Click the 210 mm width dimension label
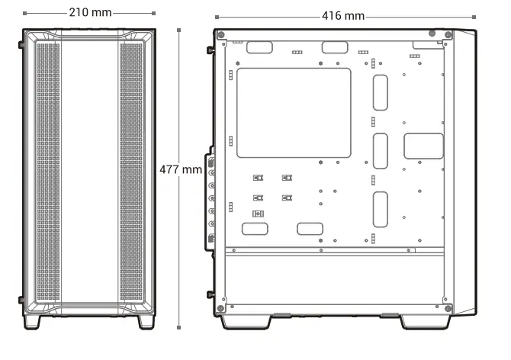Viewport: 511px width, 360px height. pos(88,13)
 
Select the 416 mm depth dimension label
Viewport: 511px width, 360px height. pos(342,16)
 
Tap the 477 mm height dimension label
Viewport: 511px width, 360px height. pos(180,169)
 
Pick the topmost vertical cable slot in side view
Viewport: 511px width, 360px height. pos(381,95)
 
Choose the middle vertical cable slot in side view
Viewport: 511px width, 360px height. pos(381,151)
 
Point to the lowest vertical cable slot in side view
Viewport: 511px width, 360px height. pos(381,210)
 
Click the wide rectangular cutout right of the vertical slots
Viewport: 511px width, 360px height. pos(423,146)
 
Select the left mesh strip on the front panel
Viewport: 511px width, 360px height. pos(48,171)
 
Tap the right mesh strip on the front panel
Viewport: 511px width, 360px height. pos(130,171)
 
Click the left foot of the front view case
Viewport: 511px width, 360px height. pos(34,322)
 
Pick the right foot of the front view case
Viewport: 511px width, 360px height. pos(145,322)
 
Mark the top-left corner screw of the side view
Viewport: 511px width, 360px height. pos(220,35)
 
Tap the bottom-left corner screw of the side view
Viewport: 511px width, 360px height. pos(220,309)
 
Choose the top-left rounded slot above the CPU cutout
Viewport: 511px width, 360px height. pos(259,47)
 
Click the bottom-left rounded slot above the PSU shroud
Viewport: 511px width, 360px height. pos(255,229)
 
